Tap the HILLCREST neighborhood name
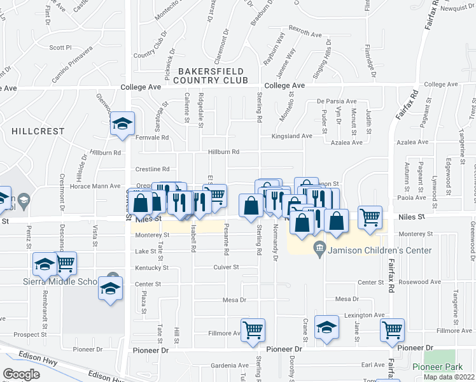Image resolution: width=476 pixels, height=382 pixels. point(38,131)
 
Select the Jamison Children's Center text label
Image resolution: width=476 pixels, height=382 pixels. point(380,250)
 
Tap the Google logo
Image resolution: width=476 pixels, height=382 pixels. point(21,374)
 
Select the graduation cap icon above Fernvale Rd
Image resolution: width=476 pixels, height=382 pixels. point(122,124)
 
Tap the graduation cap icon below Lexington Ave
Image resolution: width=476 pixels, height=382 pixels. point(326,329)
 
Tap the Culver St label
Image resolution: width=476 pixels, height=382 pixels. point(226,267)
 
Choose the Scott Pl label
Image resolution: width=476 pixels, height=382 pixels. point(60,47)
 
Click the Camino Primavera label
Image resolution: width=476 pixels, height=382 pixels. point(73,64)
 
